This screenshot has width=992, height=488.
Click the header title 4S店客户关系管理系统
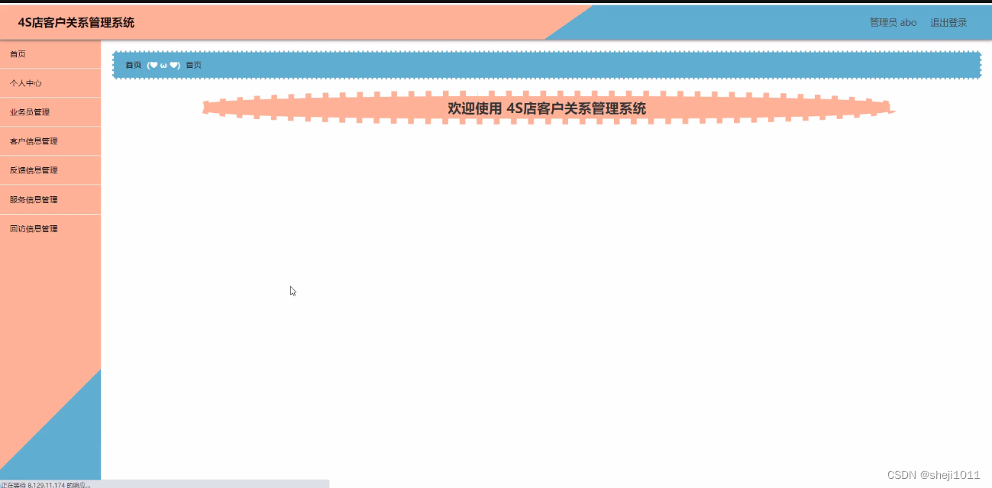tap(76, 23)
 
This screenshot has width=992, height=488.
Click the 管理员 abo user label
tap(893, 23)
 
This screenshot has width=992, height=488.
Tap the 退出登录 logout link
tap(948, 23)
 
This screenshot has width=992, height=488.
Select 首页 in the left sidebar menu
tap(18, 54)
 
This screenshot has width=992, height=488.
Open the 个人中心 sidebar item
tap(26, 83)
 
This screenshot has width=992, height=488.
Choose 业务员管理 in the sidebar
tap(30, 112)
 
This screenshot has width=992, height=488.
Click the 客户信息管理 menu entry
tap(34, 141)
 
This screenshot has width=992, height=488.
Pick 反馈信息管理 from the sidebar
tap(34, 170)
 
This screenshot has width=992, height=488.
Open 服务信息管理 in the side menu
tap(34, 199)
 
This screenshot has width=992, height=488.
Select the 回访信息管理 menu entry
tap(34, 228)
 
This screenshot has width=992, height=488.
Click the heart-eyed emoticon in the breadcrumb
tap(163, 65)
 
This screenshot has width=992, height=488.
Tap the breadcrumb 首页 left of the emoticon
tap(134, 65)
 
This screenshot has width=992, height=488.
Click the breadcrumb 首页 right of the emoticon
tap(194, 65)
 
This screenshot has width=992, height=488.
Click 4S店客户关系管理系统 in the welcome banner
tap(577, 108)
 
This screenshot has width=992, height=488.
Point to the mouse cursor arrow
tap(292, 290)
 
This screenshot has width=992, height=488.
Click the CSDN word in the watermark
tap(902, 475)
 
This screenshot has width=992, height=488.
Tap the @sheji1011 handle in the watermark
tap(950, 475)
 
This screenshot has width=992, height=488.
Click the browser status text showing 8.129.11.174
tap(46, 484)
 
